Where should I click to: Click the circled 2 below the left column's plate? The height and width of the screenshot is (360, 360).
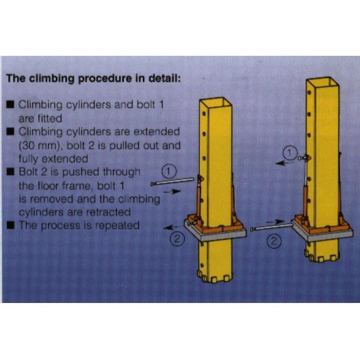[176, 240]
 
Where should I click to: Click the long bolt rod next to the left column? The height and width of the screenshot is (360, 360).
[175, 182]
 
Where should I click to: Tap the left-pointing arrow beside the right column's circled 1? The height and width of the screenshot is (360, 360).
[281, 161]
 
